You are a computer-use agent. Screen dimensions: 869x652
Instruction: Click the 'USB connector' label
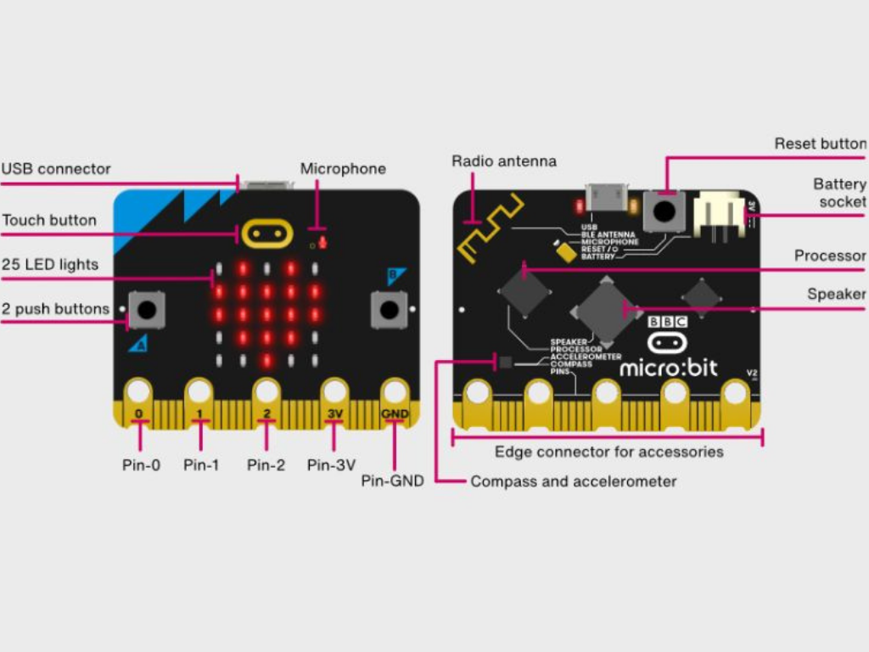[56, 169]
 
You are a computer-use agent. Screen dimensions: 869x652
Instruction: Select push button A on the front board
[147, 310]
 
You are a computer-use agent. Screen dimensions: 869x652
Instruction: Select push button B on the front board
[390, 310]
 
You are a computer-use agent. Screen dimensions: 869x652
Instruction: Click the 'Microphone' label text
[343, 169]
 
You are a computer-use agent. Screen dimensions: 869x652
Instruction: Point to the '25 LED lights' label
[50, 264]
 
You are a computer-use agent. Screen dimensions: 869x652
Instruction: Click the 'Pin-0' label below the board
[141, 464]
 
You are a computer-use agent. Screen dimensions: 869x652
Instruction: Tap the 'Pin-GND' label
[392, 481]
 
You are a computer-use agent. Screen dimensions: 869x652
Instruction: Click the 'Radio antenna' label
[504, 160]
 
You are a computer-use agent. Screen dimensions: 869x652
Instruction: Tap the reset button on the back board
[664, 209]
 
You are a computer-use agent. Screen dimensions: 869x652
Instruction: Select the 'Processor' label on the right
[829, 256]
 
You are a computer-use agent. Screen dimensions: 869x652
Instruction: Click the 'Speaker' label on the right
[836, 294]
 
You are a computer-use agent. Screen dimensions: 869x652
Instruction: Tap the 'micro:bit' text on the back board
[668, 368]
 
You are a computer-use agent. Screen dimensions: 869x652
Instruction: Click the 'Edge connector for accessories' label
[608, 452]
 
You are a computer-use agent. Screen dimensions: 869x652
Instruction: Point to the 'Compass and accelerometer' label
[574, 481]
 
